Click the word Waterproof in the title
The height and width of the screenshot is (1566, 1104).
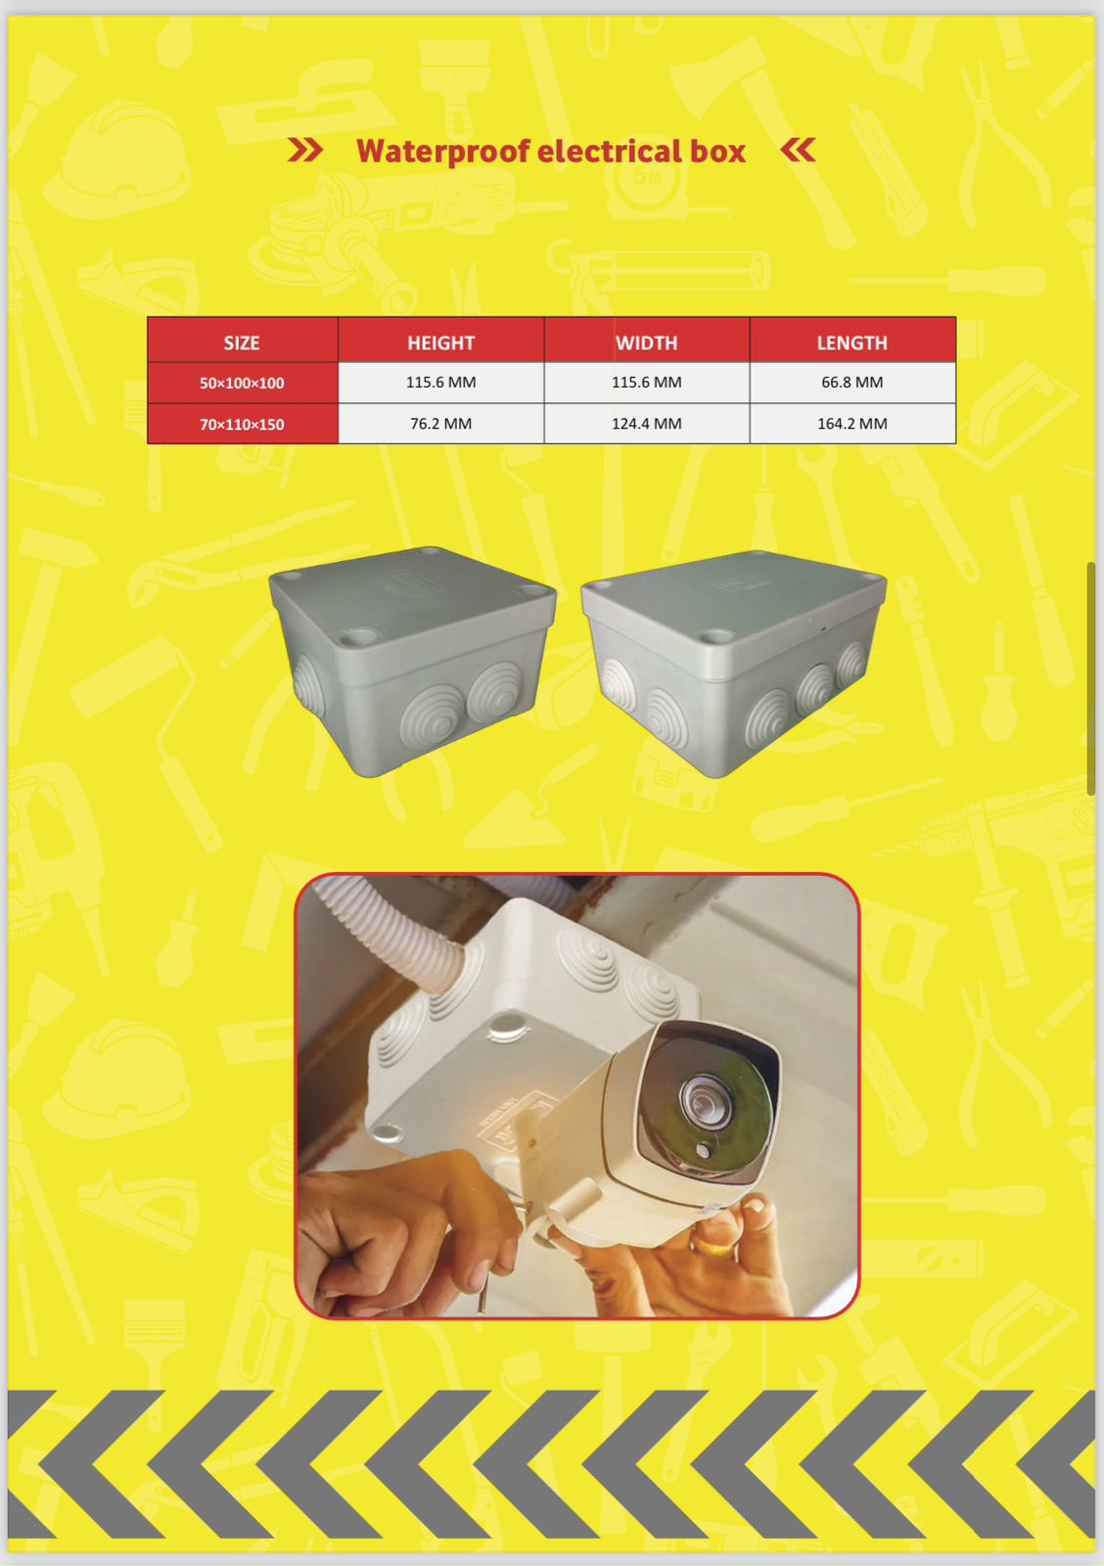441,153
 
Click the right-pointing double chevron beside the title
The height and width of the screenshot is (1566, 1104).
305,150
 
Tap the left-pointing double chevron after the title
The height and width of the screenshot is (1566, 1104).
798,150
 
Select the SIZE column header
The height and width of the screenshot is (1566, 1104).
242,343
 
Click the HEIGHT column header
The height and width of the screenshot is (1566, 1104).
441,343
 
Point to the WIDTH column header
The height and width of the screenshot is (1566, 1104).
647,343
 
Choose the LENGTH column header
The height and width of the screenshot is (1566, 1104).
852,343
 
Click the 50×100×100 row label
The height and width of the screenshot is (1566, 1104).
242,383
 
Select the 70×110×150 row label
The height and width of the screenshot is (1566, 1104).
242,425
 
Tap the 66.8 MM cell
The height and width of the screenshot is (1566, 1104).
852,383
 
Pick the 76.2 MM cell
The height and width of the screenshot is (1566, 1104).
441,424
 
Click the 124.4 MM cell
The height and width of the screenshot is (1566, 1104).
647,424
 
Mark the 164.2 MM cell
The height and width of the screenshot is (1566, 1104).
852,424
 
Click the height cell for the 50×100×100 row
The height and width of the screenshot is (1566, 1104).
441,383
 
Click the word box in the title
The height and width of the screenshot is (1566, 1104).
718,151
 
